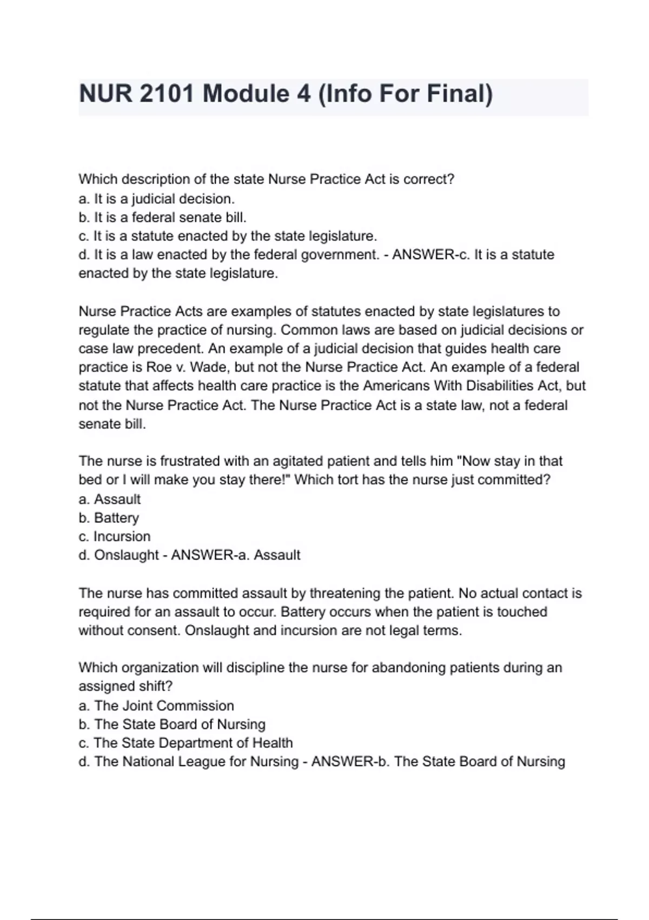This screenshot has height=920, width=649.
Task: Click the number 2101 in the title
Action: click(x=167, y=94)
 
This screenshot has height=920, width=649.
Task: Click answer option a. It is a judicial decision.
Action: click(x=156, y=199)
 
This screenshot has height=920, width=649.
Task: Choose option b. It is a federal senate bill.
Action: click(x=162, y=218)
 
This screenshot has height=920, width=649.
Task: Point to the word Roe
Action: click(x=159, y=367)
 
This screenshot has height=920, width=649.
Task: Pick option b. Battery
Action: click(x=109, y=518)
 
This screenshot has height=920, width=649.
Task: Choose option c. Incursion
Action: click(x=115, y=536)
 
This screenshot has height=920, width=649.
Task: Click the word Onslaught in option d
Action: click(x=127, y=555)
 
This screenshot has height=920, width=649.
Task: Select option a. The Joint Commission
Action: click(x=156, y=706)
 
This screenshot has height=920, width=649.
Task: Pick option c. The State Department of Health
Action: click(x=186, y=743)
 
